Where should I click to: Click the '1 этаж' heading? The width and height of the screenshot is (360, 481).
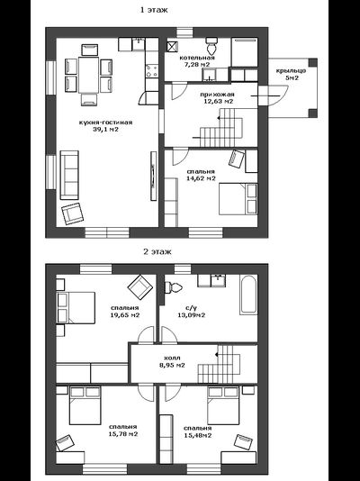[x=154, y=10]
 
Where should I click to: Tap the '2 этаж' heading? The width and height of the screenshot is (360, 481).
[x=157, y=252]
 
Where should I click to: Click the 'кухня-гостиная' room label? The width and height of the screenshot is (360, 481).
[x=105, y=123]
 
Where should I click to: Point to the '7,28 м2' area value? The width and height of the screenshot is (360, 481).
[x=197, y=65]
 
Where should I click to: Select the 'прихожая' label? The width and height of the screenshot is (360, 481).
[x=217, y=95]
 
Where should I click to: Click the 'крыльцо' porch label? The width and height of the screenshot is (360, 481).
[x=291, y=71]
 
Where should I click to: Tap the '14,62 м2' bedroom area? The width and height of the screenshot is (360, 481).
[x=201, y=178]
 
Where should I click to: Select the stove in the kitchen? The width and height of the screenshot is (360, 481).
[x=152, y=70]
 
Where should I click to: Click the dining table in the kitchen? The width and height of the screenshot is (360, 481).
[x=89, y=75]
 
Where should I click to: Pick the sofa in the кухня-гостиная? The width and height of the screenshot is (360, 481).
[x=69, y=175]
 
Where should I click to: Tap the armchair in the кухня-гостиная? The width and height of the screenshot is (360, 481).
[x=73, y=213]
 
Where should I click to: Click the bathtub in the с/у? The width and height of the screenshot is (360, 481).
[x=248, y=295]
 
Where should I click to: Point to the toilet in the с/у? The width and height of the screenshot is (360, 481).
[x=173, y=287]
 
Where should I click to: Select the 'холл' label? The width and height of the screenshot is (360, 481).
[x=172, y=358]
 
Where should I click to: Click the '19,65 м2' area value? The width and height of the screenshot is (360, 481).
[x=125, y=315]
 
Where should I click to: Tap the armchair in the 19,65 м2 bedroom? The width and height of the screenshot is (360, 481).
[x=140, y=287]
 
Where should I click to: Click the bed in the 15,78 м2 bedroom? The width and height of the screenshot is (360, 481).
[x=85, y=405]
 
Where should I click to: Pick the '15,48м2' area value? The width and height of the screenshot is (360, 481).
[x=198, y=435]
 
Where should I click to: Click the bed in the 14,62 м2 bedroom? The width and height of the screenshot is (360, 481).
[x=238, y=199]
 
